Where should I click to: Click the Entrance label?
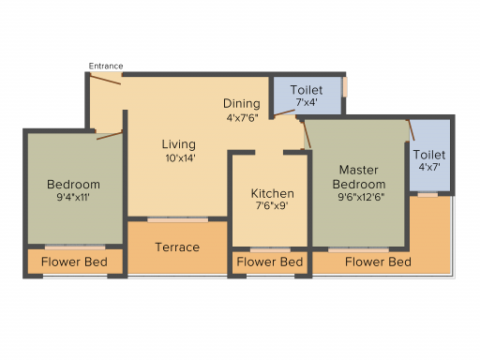[106, 66]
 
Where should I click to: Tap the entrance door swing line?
[105, 79]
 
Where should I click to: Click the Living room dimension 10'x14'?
[180, 158]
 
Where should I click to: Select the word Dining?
[242, 103]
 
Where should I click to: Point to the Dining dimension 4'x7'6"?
[243, 118]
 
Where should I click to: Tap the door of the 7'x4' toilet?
[284, 113]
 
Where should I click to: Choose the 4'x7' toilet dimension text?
[429, 167]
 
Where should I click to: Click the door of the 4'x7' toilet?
[412, 130]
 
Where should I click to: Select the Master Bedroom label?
[359, 177]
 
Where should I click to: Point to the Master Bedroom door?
[307, 135]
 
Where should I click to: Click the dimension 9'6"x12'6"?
[361, 197]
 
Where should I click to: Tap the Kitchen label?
[273, 194]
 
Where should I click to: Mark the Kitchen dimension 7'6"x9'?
[272, 205]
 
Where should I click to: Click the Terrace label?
[177, 247]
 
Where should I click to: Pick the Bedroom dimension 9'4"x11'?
[73, 197]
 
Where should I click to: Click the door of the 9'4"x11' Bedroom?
[110, 136]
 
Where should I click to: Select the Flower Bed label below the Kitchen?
[270, 262]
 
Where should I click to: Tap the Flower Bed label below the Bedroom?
[74, 262]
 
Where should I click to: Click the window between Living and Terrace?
[177, 220]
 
